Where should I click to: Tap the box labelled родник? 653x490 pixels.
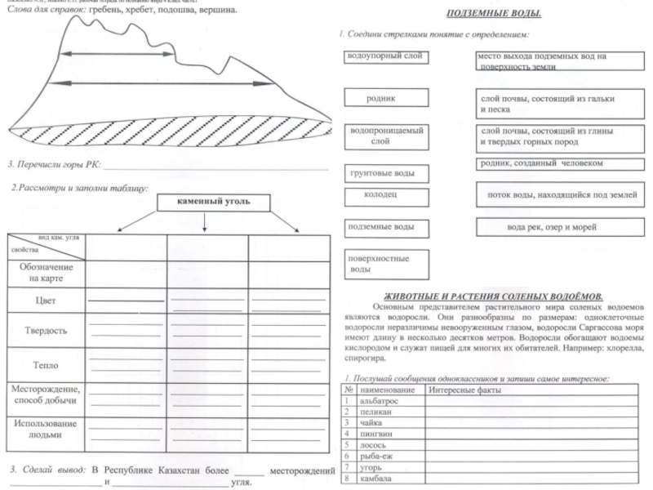point(382,98)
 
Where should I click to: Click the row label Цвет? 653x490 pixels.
point(46,301)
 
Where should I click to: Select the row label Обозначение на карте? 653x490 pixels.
point(46,273)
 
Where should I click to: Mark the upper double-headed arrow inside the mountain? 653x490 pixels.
point(118,55)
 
